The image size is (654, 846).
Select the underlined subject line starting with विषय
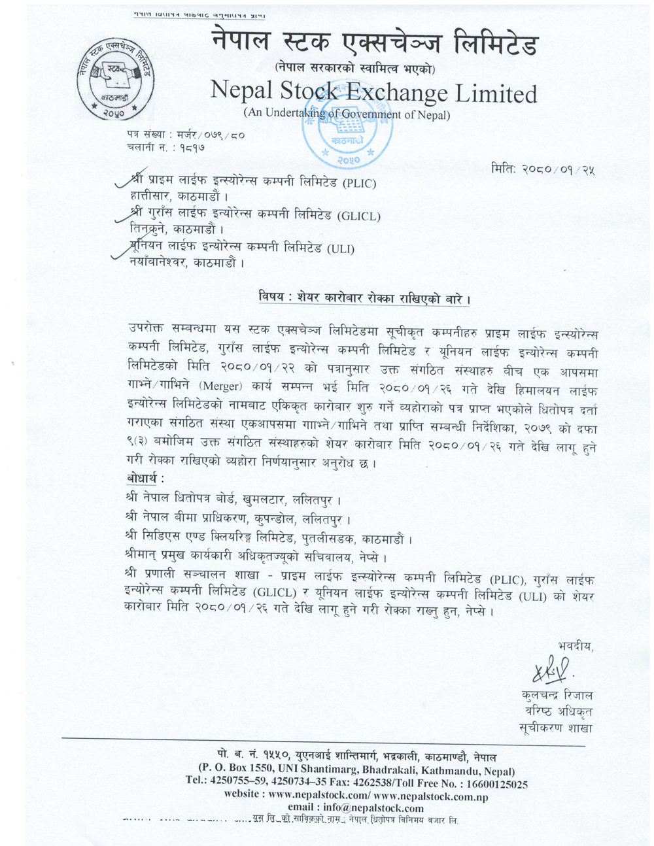click(364, 298)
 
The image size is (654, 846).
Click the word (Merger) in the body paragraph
click(226, 386)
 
